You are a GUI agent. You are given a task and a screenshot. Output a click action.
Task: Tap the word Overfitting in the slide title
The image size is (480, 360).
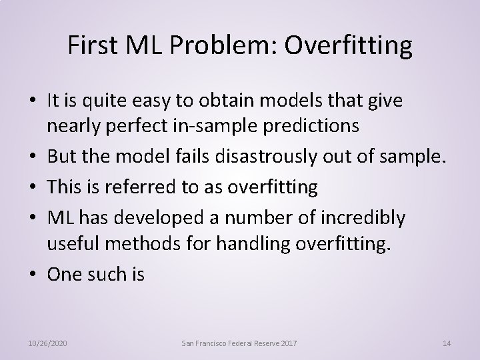(352, 46)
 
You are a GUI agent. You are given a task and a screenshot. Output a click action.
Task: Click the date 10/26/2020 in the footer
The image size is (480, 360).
(48, 343)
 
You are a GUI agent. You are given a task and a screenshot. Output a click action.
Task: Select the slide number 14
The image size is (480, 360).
(447, 343)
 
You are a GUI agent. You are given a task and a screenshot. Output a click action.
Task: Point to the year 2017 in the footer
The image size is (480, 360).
(287, 343)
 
